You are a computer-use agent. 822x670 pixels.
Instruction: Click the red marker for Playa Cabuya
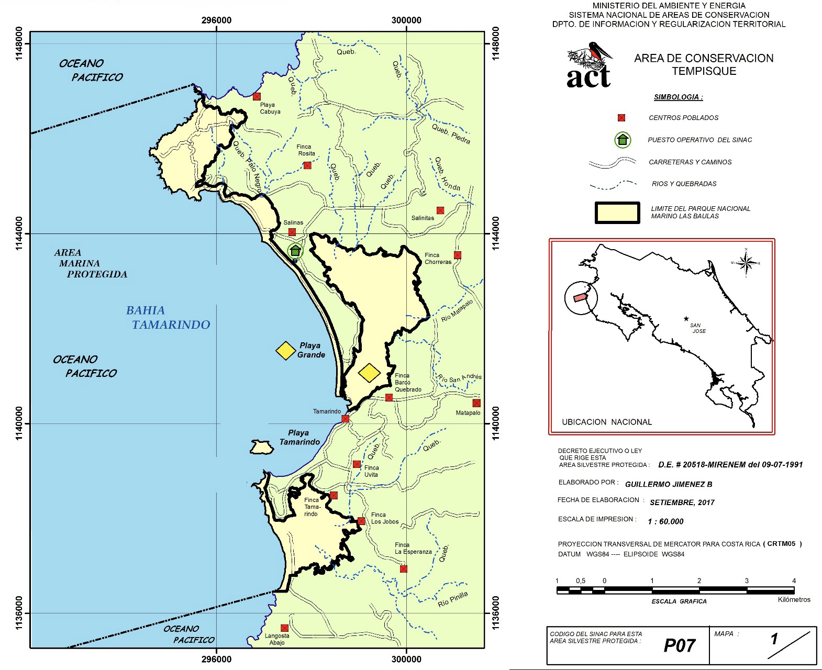257,96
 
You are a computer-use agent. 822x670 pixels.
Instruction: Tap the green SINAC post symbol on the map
295,250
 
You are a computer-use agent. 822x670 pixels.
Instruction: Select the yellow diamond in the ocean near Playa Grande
286,351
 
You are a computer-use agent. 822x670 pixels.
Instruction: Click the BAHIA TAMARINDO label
168,318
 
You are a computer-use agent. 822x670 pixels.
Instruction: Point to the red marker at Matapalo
476,403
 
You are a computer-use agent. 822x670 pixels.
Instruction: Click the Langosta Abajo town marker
284,628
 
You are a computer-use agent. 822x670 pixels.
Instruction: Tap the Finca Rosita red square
307,165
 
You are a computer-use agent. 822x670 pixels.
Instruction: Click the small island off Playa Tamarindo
261,448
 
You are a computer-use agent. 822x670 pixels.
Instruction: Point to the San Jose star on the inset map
686,318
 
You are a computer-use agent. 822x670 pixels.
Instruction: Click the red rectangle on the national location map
580,297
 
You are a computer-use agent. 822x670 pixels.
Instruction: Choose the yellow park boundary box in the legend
617,213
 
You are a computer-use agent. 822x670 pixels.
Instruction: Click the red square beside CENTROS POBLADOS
621,118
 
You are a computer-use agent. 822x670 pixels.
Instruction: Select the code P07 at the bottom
679,645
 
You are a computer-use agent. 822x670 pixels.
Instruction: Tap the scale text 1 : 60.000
665,521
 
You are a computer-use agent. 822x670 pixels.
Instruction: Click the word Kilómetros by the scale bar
794,599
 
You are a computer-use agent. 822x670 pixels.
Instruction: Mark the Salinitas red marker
440,210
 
